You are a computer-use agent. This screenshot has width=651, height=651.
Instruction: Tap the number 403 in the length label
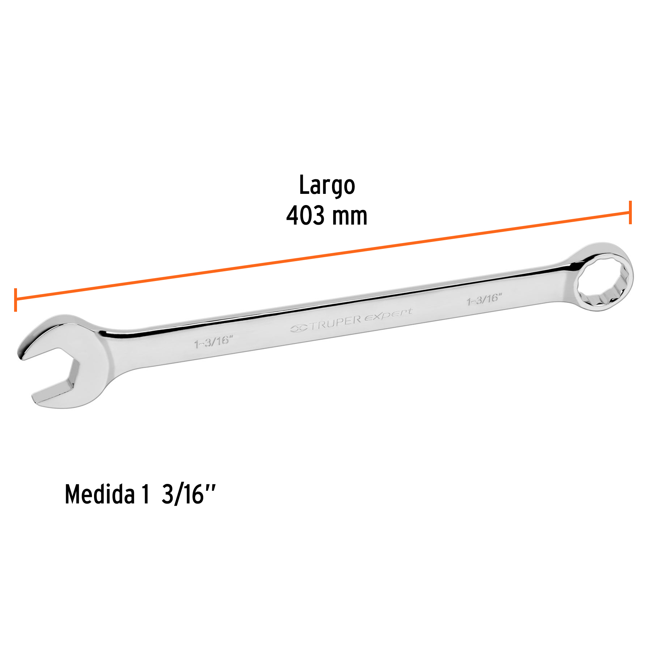point(306,216)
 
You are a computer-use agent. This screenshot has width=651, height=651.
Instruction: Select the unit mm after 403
point(349,217)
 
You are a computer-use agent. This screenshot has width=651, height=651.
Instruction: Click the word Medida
point(100,494)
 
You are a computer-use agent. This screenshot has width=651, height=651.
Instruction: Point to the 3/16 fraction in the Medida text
point(183,494)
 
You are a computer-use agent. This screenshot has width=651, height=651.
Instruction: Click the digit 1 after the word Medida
point(145,494)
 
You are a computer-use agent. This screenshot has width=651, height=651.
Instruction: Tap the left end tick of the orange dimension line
point(16,300)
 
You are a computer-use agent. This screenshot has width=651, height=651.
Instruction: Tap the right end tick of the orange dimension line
point(630,212)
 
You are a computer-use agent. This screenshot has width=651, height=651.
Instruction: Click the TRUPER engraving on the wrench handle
point(336,323)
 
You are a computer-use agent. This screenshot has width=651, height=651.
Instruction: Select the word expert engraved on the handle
point(388,314)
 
